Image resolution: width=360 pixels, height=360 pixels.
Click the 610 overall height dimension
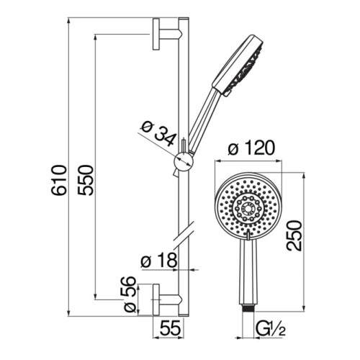(58, 180)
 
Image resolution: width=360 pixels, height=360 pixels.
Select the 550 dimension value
(85, 180)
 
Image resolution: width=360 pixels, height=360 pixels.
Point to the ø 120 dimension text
(251, 148)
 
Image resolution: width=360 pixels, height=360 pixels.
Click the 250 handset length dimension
(294, 235)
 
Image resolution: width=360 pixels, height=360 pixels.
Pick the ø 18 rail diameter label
(159, 260)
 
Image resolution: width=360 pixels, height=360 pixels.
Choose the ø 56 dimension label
(128, 294)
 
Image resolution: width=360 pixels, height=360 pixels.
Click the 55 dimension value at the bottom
(170, 328)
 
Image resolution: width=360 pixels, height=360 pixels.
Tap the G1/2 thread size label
(271, 329)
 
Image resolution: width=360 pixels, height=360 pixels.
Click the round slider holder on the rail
(184, 163)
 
